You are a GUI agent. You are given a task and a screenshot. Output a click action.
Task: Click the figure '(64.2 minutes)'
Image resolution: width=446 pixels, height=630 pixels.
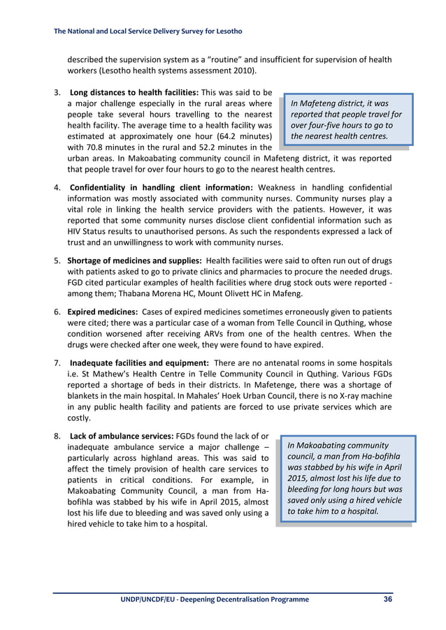[242, 136]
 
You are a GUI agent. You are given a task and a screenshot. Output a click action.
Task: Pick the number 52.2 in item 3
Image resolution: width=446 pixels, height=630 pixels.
[205, 147]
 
